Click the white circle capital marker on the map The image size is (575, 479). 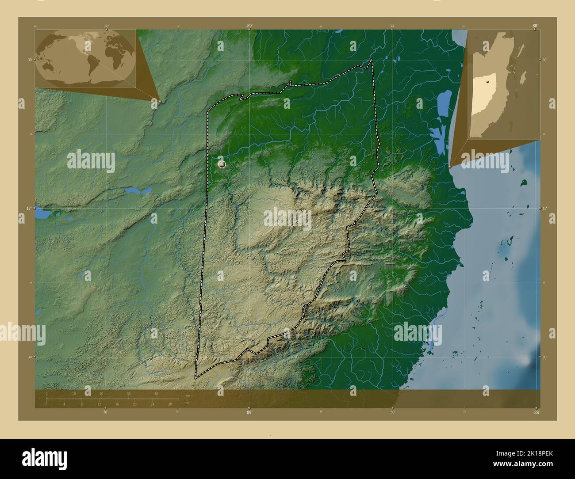coord(222,164)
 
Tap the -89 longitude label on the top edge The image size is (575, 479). coord(249,26)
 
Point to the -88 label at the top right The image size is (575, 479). coord(535,26)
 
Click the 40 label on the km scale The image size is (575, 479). coord(156,394)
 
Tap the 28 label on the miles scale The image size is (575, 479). coord(170,404)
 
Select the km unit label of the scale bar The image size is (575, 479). coord(188,395)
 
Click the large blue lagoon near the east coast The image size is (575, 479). coord(441,106)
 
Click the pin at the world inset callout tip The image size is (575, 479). coord(160,101)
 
